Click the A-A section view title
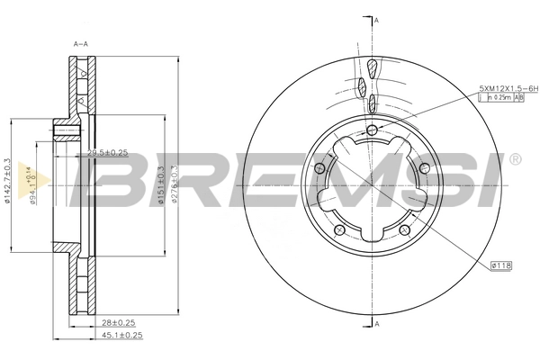80,42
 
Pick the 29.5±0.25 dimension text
106,153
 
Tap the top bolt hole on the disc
373,131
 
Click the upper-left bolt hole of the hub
319,168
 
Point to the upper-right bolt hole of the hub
427,168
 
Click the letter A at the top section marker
376,20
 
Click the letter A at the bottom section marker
376,323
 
